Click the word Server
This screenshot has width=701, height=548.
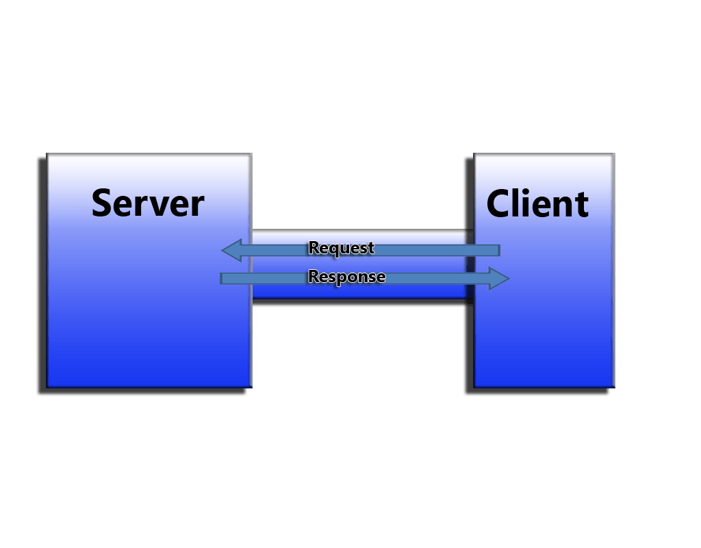click(148, 203)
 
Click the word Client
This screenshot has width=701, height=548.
click(537, 203)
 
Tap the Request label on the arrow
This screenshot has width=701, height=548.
click(341, 248)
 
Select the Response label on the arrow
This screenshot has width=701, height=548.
click(346, 277)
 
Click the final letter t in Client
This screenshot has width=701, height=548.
click(583, 204)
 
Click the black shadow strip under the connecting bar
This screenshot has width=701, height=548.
click(359, 303)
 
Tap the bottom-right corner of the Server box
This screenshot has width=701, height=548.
click(251, 386)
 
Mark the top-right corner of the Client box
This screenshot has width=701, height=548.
click(613, 155)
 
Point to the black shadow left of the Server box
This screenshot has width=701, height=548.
click(41, 274)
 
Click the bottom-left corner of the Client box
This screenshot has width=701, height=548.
click(475, 386)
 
